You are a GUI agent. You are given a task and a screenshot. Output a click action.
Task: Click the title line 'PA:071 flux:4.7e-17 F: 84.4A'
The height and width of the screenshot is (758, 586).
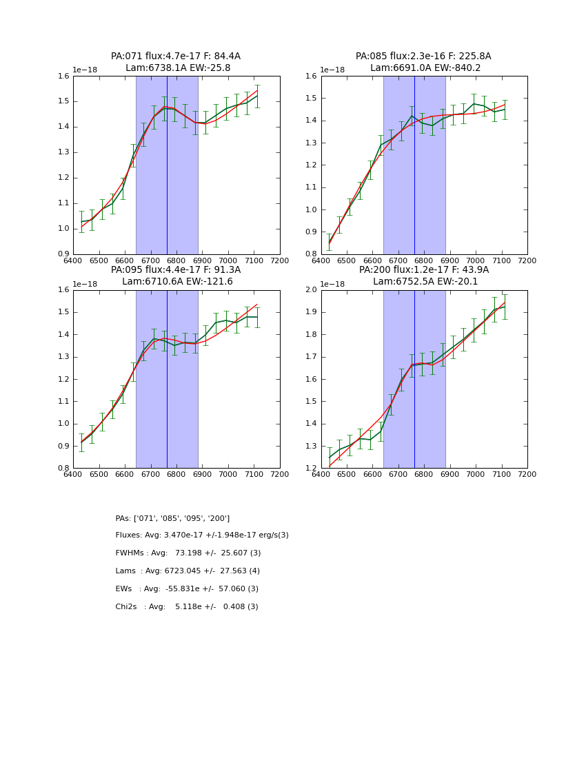point(176,57)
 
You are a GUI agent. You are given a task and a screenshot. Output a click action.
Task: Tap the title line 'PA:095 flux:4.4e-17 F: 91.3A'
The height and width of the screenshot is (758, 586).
point(176,270)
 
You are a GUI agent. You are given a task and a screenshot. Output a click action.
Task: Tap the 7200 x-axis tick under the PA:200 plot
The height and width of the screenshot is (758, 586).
point(527,474)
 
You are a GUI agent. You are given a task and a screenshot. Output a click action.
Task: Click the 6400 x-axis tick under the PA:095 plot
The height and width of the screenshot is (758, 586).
point(73,474)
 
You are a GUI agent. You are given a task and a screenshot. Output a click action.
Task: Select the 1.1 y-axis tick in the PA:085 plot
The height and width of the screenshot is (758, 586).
point(312,187)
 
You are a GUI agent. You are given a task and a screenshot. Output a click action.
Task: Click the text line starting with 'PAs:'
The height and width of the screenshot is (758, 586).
point(172,518)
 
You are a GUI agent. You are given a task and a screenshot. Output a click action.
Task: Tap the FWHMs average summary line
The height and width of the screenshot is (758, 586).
point(188,553)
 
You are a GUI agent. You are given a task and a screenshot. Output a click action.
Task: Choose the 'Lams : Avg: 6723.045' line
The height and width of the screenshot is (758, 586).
point(188,571)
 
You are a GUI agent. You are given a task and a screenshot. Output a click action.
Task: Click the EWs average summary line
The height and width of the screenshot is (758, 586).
point(187,589)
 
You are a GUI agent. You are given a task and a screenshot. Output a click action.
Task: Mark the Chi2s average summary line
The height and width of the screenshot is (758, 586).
point(187,607)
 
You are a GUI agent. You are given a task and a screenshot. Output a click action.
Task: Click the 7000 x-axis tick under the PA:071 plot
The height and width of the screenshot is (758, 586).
point(228,260)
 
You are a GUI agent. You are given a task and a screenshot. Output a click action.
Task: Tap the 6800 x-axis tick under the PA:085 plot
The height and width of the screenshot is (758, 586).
point(424,260)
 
